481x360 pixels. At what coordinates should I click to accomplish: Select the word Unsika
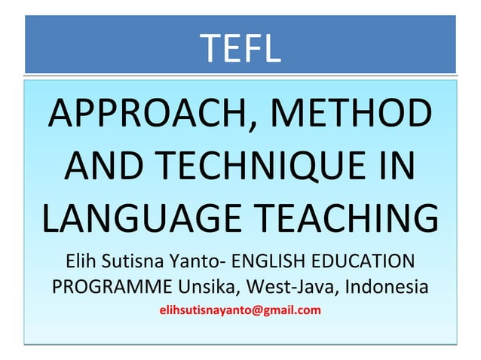tap(207, 288)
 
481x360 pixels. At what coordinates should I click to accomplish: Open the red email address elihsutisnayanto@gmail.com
tap(240, 310)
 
